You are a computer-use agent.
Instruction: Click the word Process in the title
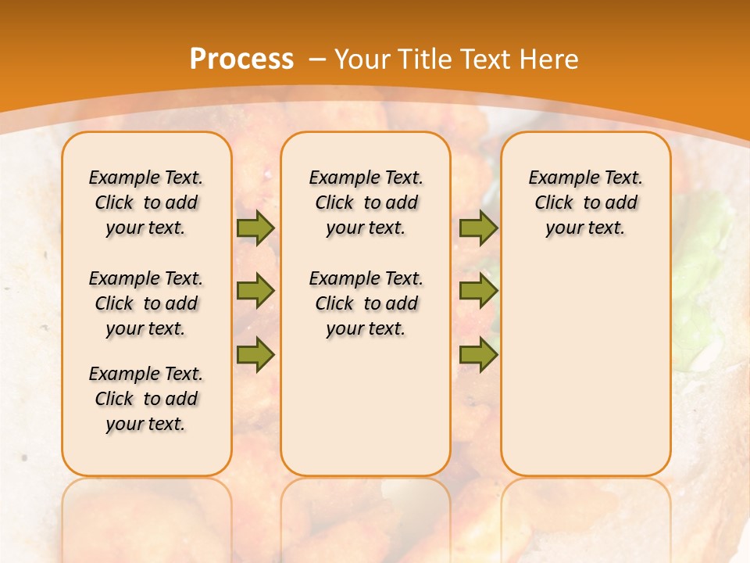click(x=241, y=59)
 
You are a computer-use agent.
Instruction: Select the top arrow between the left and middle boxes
click(x=255, y=228)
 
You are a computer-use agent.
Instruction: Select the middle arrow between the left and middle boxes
click(x=255, y=291)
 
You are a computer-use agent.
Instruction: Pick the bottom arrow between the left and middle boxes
click(x=255, y=355)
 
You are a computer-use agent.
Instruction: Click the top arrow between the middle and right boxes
click(x=478, y=228)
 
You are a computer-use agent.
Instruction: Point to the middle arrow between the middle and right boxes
click(x=478, y=291)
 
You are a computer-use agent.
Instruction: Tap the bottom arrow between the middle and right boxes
click(x=478, y=355)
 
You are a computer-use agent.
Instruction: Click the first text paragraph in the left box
click(x=146, y=203)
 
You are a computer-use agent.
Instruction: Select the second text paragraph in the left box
click(x=146, y=303)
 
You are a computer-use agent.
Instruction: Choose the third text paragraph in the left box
click(x=146, y=399)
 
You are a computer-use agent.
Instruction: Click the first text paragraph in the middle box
click(x=366, y=203)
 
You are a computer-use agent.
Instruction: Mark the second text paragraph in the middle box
click(x=366, y=303)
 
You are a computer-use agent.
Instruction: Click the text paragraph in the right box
click(x=585, y=203)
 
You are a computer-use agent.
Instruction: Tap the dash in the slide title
click(x=318, y=59)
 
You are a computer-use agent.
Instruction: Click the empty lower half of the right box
click(x=585, y=375)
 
